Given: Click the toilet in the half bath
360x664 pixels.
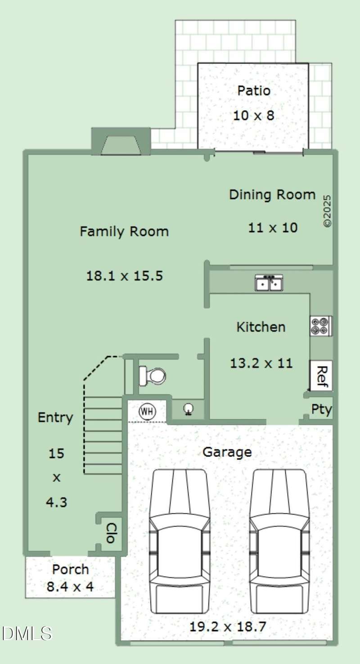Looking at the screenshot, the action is [152, 376].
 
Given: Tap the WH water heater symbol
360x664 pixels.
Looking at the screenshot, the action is [147, 412].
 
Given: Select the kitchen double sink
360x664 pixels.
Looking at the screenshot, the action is [269, 283].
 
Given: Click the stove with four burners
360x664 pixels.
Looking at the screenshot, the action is [321, 326].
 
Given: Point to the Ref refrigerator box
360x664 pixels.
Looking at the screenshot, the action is [321, 376].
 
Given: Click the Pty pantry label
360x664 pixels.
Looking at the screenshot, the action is [321, 410].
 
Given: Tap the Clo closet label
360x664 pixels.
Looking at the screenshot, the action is [112, 533].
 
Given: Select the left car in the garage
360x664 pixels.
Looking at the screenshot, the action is [180, 541].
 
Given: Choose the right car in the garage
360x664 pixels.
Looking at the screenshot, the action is [279, 541].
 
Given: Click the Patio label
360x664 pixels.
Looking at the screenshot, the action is [254, 91].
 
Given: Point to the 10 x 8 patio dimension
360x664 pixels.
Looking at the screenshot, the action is [253, 115].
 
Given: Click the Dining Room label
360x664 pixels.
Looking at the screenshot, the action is [272, 195].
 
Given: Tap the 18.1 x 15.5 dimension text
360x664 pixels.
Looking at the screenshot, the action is [125, 276].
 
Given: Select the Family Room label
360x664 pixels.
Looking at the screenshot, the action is [124, 232].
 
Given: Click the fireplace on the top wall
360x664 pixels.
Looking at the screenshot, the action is [121, 141].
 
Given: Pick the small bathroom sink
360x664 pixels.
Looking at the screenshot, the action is [188, 409].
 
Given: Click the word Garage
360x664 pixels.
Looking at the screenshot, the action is [227, 453].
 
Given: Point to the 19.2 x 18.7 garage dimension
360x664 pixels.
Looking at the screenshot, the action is [228, 627].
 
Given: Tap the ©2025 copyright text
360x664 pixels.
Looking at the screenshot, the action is [327, 211].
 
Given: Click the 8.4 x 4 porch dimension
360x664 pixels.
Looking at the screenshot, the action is [70, 587].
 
